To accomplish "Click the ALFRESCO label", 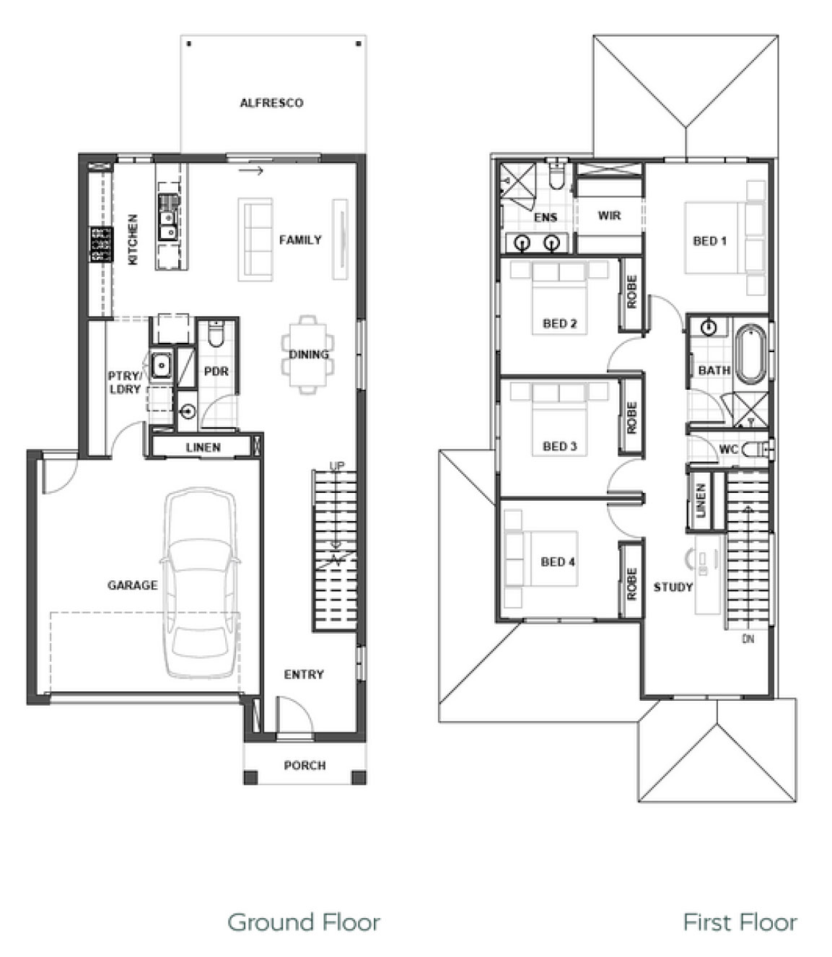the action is [x=271, y=103].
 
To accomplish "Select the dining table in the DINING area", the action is [x=307, y=354].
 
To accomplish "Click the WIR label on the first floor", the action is [x=609, y=216].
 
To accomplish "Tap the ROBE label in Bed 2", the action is [x=631, y=292].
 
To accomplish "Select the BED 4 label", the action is [x=558, y=561].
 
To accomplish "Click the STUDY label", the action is [x=673, y=587].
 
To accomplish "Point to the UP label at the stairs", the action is [x=337, y=466].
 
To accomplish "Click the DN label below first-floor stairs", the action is [x=748, y=639].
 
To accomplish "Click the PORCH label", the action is [x=305, y=766].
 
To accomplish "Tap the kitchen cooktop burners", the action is [x=102, y=244].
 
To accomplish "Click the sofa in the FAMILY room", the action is [x=255, y=240].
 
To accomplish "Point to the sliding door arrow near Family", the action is [x=250, y=171].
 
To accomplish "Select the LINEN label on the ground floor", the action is [x=203, y=447].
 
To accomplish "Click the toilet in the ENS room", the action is [x=556, y=175].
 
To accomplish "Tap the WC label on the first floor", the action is [x=728, y=450].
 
